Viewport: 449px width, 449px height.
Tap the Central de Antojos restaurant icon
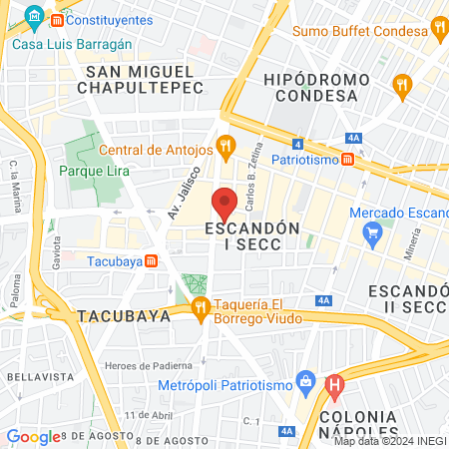(226, 150)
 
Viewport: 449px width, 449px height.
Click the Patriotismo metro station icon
(346, 159)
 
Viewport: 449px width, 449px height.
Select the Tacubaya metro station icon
(151, 261)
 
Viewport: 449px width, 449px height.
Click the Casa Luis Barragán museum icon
(36, 15)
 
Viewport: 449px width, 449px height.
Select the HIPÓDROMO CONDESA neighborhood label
(310, 87)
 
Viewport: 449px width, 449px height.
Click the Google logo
(33, 436)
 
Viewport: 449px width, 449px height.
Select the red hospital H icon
(334, 384)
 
